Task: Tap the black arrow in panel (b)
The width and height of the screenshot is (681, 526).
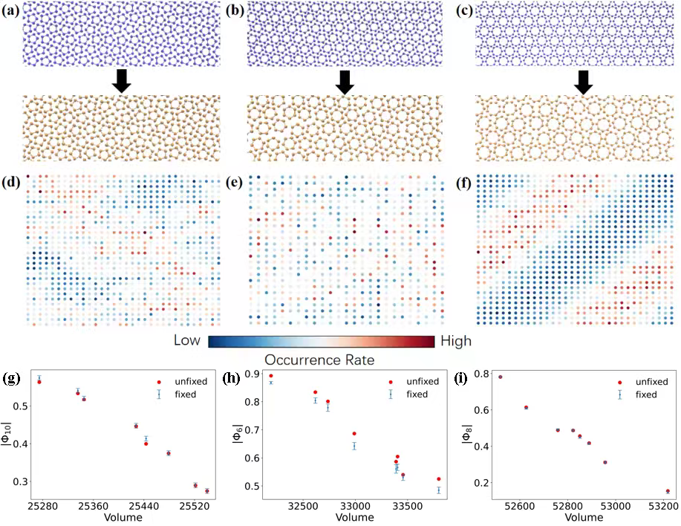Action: click(343, 82)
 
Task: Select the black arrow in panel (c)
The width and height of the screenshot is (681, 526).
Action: click(583, 82)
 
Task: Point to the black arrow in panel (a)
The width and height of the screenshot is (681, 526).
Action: click(121, 82)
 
